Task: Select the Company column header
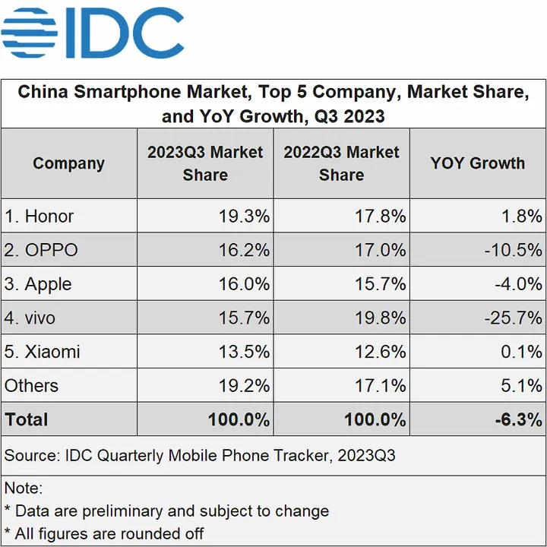(x=68, y=163)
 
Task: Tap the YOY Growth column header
(x=477, y=163)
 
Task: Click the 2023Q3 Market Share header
(x=205, y=163)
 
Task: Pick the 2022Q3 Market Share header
(x=341, y=163)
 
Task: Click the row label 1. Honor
(x=40, y=217)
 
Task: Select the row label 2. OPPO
(x=42, y=250)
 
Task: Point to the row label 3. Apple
(x=38, y=284)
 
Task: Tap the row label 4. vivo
(x=30, y=318)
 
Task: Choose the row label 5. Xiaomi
(x=43, y=352)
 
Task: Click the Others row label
(x=31, y=385)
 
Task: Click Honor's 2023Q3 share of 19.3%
(x=244, y=217)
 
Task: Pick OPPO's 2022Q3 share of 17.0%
(x=380, y=250)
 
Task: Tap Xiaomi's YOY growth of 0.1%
(x=522, y=352)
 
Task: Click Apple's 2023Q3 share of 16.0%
(x=244, y=284)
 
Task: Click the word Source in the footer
(x=30, y=456)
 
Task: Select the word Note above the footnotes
(x=23, y=488)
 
